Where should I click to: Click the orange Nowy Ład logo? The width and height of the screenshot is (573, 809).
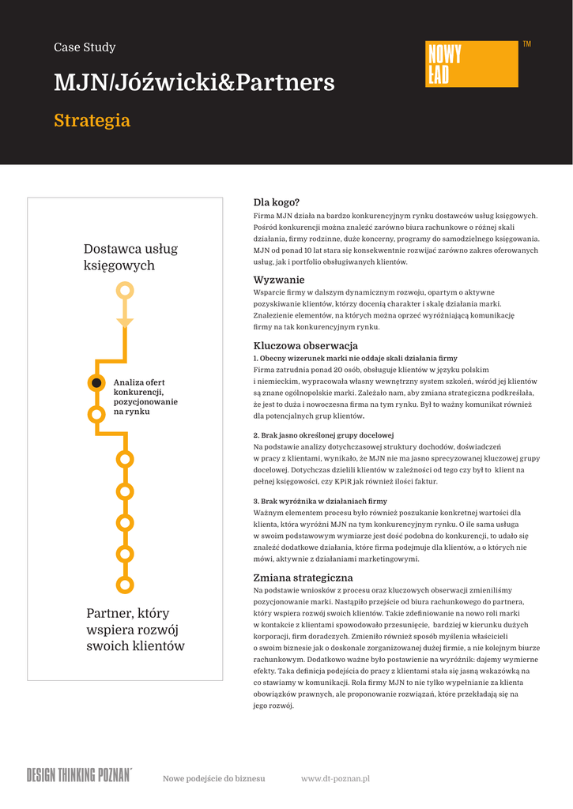pyautogui.click(x=472, y=64)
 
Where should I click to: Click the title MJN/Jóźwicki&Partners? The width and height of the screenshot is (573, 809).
pyautogui.click(x=194, y=83)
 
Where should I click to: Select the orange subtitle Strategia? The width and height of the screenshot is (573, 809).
pyautogui.click(x=92, y=121)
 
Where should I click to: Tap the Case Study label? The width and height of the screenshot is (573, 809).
pyautogui.click(x=85, y=47)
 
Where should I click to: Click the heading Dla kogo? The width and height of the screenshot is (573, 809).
pyautogui.click(x=277, y=202)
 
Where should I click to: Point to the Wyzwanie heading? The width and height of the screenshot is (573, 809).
pyautogui.click(x=279, y=280)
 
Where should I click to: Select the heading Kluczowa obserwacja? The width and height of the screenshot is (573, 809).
pyautogui.click(x=305, y=345)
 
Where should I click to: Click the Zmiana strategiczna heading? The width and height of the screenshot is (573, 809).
pyautogui.click(x=303, y=578)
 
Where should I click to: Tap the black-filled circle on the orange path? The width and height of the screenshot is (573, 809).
pyautogui.click(x=96, y=383)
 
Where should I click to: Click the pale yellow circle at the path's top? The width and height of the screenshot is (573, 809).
pyautogui.click(x=125, y=291)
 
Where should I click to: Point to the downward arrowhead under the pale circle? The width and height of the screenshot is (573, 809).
pyautogui.click(x=125, y=322)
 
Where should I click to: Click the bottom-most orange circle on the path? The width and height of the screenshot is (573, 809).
pyautogui.click(x=124, y=585)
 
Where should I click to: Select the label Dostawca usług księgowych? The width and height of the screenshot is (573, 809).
pyautogui.click(x=131, y=258)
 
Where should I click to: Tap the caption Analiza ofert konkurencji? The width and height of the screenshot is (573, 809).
pyautogui.click(x=145, y=397)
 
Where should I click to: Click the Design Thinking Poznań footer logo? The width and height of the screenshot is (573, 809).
pyautogui.click(x=79, y=774)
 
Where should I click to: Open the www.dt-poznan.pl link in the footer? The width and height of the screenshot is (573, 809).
pyautogui.click(x=335, y=779)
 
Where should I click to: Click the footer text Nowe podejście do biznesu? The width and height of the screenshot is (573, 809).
pyautogui.click(x=213, y=779)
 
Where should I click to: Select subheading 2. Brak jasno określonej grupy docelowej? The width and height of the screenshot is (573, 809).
pyautogui.click(x=323, y=435)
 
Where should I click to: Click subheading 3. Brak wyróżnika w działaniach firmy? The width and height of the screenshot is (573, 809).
pyautogui.click(x=320, y=501)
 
